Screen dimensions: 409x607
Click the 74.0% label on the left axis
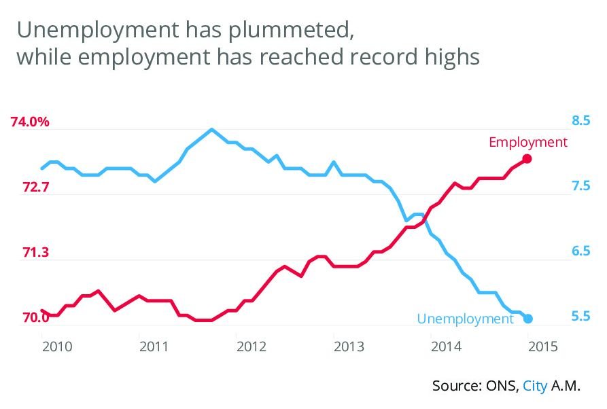(x=31, y=122)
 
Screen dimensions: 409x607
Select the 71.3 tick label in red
(x=35, y=253)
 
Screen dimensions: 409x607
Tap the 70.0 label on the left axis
(x=35, y=317)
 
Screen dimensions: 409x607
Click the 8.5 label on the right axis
(x=580, y=121)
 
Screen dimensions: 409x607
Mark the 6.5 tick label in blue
(x=580, y=252)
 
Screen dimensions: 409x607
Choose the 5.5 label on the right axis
(x=580, y=317)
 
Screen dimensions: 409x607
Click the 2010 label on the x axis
(x=57, y=347)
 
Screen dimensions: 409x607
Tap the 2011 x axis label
(x=154, y=347)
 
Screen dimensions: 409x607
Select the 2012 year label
(x=252, y=347)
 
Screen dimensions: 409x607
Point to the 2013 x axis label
(x=349, y=347)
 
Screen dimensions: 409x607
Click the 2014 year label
(x=447, y=347)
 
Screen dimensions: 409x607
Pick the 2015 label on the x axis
(x=543, y=347)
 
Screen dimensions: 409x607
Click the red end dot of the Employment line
(x=527, y=159)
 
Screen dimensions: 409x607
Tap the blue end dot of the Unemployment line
(x=528, y=319)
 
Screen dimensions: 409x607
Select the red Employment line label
(x=527, y=142)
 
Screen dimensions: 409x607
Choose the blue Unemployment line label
(x=465, y=319)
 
